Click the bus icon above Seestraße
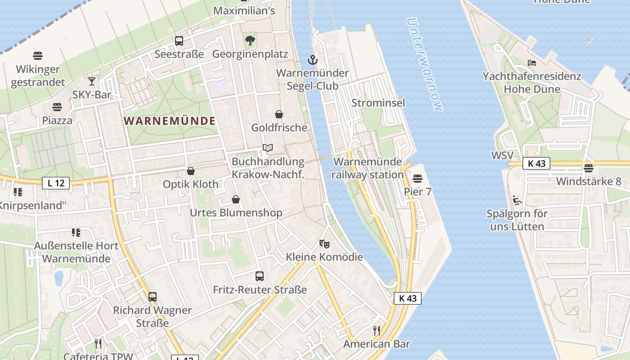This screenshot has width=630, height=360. [179, 41]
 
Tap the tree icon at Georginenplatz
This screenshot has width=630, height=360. [250, 40]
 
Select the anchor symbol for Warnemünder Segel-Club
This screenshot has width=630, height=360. [312, 59]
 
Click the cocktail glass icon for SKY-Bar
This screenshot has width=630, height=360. [92, 81]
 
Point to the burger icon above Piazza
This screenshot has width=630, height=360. [57, 107]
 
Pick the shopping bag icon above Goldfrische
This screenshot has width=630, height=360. [279, 114]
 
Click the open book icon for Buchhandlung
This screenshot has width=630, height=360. [268, 148]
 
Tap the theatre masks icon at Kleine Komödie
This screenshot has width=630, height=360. [324, 244]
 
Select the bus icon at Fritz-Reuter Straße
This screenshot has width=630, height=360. [260, 276]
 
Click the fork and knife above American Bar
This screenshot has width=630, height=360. [377, 331]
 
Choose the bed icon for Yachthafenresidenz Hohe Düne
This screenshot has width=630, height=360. [532, 63]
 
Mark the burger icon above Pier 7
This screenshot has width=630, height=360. [418, 179]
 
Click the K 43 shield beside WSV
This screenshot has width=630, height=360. [536, 163]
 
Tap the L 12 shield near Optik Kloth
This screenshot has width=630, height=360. [56, 183]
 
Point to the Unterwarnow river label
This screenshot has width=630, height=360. [424, 64]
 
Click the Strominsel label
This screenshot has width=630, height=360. [378, 103]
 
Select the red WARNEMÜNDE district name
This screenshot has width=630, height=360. [170, 121]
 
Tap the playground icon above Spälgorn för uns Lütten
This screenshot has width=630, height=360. [517, 200]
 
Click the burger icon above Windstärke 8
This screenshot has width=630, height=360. [589, 168]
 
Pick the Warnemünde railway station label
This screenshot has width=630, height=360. [368, 168]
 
